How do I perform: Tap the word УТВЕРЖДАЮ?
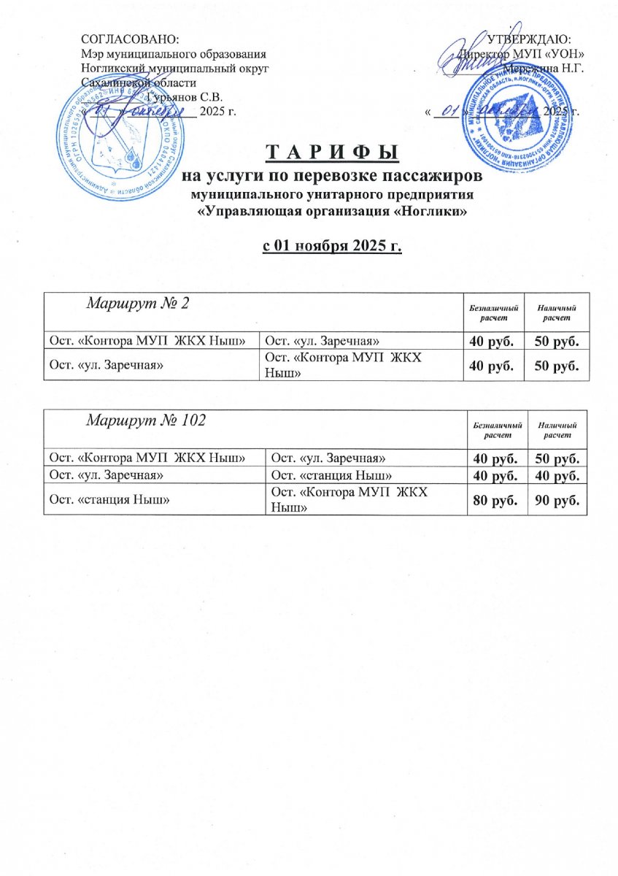click(x=529, y=41)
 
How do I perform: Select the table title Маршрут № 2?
click(x=139, y=303)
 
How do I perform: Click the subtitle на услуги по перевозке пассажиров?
click(x=333, y=177)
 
